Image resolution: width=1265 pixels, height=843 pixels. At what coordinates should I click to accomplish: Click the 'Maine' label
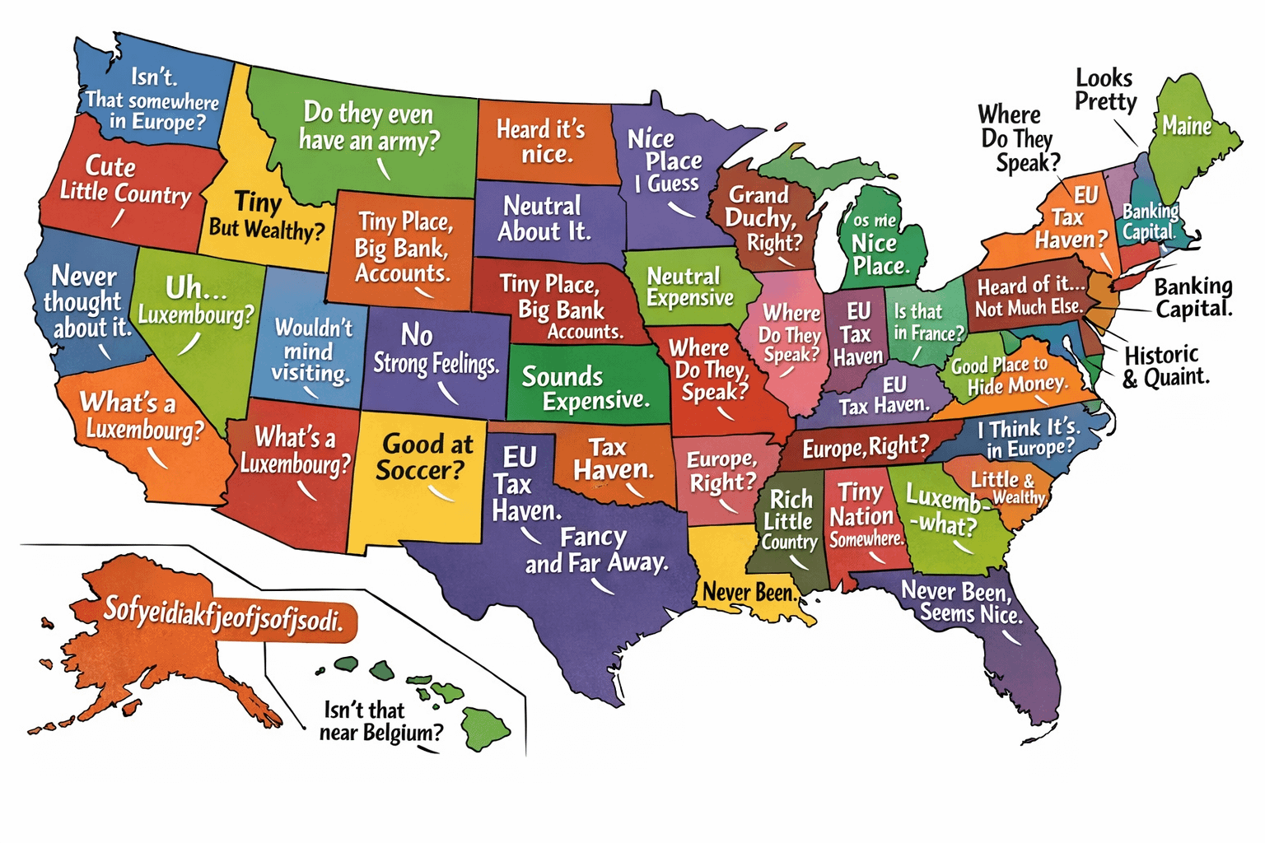1186,126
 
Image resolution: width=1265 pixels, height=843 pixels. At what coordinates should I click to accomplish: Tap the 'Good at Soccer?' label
424,457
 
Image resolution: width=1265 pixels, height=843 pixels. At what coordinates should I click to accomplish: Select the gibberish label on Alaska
222,615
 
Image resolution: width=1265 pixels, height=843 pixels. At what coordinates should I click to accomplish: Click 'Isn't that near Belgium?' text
380,721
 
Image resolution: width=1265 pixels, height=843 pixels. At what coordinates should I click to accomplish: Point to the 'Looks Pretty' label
1105,90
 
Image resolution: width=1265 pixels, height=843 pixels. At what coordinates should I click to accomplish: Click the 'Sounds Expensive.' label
585,389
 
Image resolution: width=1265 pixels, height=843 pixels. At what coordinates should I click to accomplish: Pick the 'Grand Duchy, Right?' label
763,218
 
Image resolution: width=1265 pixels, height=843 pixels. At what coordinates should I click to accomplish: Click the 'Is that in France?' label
928,322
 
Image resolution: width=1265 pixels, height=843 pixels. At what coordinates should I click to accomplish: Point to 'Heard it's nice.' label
542,142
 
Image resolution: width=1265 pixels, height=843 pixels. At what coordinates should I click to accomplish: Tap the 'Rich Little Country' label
788,520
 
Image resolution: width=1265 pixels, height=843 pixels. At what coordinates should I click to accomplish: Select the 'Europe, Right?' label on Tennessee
865,447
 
